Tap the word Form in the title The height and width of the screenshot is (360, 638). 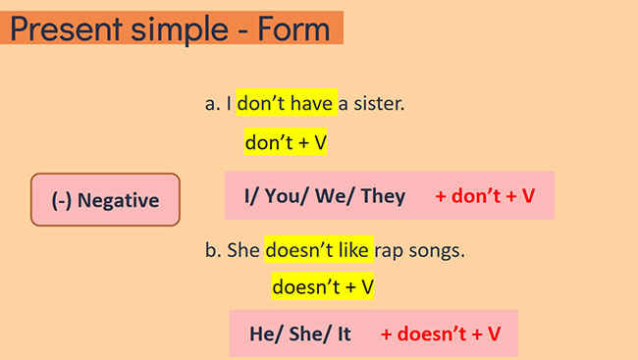pos(292,28)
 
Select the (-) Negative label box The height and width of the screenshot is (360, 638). pos(105,200)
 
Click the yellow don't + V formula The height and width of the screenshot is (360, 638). pos(286,142)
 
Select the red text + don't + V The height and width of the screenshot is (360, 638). pos(485,195)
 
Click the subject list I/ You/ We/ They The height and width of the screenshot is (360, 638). pos(325,195)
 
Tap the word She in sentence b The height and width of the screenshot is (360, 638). pos(243,250)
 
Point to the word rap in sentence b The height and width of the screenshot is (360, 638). pos(396,250)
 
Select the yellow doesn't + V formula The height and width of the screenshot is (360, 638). pos(323,287)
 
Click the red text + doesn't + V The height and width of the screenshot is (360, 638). pos(441,334)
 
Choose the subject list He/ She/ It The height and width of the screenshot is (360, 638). pos(300,334)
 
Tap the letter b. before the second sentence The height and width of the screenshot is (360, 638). pos(213,250)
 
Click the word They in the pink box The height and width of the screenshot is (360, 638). pos(383,195)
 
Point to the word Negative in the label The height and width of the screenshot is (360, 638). pos(118,200)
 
